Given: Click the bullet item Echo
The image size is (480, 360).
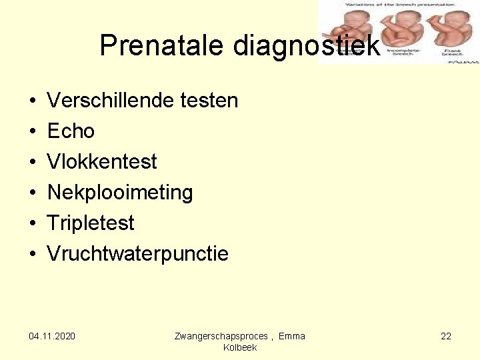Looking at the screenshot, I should coord(71,131).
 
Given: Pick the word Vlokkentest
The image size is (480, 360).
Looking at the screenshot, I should coord(102,162).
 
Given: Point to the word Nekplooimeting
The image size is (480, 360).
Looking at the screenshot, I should coord(120,193).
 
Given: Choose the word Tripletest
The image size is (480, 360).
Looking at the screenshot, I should coord(91,223).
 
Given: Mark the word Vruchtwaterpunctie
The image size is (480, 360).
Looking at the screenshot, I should coord(137,254).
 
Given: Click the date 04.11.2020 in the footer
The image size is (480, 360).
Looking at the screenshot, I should coord(52,336).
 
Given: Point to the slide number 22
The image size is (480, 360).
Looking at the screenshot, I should coord(446,336).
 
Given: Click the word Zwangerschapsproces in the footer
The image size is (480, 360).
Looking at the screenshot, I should coord(221,336).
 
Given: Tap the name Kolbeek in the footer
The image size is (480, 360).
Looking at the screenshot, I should coord(240,348).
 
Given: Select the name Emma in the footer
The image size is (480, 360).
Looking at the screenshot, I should coord(292,336).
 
